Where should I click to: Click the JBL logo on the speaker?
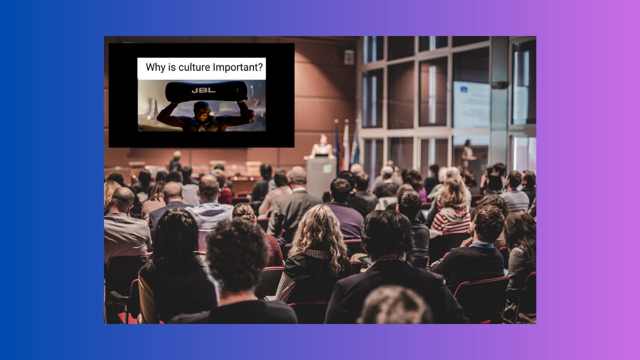pyautogui.click(x=203, y=90)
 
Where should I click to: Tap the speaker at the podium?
pyautogui.click(x=322, y=146)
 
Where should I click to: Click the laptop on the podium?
pyautogui.click(x=321, y=155)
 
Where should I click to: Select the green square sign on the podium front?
pyautogui.click(x=327, y=168)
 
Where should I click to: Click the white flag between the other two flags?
pyautogui.click(x=346, y=145)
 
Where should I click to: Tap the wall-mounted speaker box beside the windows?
pyautogui.click(x=349, y=57)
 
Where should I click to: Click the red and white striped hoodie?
pyautogui.click(x=450, y=220)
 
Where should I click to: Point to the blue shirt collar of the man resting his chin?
pyautogui.click(x=481, y=245)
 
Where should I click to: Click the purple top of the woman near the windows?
pyautogui.click(x=422, y=193)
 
